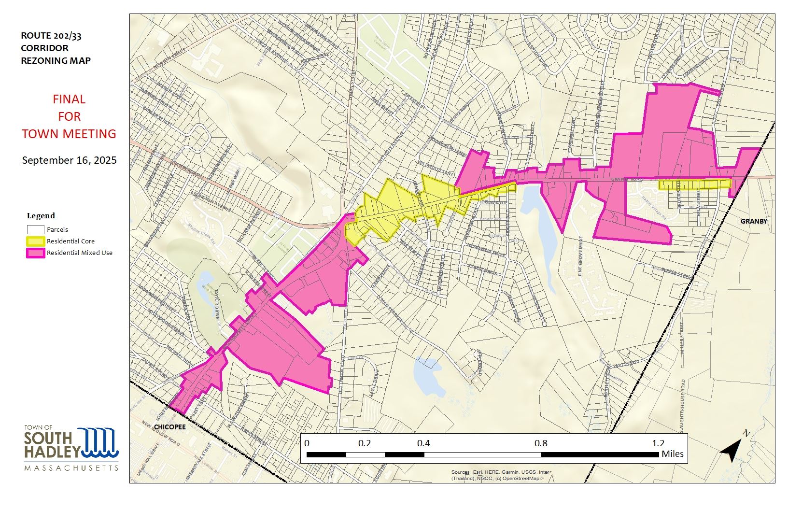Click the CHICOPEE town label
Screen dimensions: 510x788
point(170,427)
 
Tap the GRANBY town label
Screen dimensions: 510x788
point(754,221)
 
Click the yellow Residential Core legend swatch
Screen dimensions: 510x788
point(35,241)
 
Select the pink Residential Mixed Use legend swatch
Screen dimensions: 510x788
point(35,253)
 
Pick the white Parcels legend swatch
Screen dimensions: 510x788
point(35,229)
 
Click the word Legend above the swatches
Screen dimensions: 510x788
point(41,216)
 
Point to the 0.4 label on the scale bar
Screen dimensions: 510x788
point(423,443)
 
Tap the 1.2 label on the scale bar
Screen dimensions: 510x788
point(658,443)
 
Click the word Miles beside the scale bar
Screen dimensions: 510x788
point(672,454)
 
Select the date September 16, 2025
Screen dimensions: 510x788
point(69,160)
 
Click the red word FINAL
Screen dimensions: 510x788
point(69,99)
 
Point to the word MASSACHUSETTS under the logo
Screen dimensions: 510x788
point(71,468)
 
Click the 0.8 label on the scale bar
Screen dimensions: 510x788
point(541,443)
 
